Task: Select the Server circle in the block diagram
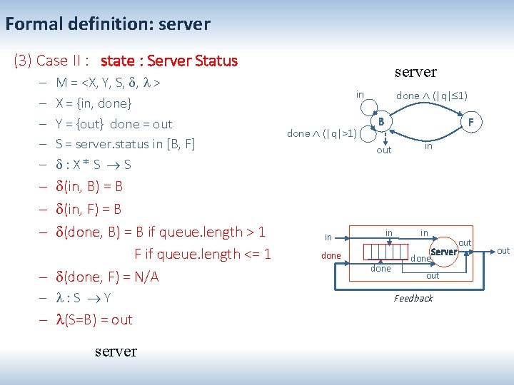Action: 444,252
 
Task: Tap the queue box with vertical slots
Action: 387,252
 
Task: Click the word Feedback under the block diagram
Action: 413,298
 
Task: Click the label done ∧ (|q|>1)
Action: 321,133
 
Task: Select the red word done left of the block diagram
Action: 331,255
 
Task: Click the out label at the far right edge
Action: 503,250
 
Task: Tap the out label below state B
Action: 384,150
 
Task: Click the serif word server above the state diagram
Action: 415,72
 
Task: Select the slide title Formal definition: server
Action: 108,24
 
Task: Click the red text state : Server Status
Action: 169,61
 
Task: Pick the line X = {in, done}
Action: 94,103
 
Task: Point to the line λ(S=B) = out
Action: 94,319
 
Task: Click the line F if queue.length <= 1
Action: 202,254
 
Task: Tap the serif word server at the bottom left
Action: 115,351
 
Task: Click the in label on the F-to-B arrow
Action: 428,146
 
